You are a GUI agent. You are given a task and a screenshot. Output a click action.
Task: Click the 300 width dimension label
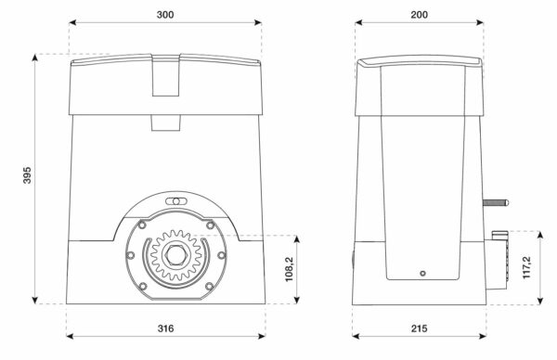pyautogui.click(x=165, y=15)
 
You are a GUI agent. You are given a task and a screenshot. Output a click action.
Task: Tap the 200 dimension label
pyautogui.click(x=420, y=15)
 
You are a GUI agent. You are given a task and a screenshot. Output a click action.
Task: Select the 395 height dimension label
pyautogui.click(x=27, y=175)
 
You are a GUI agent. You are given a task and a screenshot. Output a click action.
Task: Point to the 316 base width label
pyautogui.click(x=165, y=328)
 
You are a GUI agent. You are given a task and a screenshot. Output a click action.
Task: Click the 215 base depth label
pyautogui.click(x=420, y=328)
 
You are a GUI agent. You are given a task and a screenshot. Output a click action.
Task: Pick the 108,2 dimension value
pyautogui.click(x=290, y=269)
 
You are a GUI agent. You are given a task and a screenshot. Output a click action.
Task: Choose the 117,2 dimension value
pyautogui.click(x=526, y=267)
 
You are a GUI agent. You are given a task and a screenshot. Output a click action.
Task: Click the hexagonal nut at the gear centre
pyautogui.click(x=175, y=254)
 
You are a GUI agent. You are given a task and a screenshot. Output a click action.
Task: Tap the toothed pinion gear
pyautogui.click(x=175, y=254)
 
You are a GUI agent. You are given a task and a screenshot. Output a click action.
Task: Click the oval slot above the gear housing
pyautogui.click(x=175, y=201)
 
